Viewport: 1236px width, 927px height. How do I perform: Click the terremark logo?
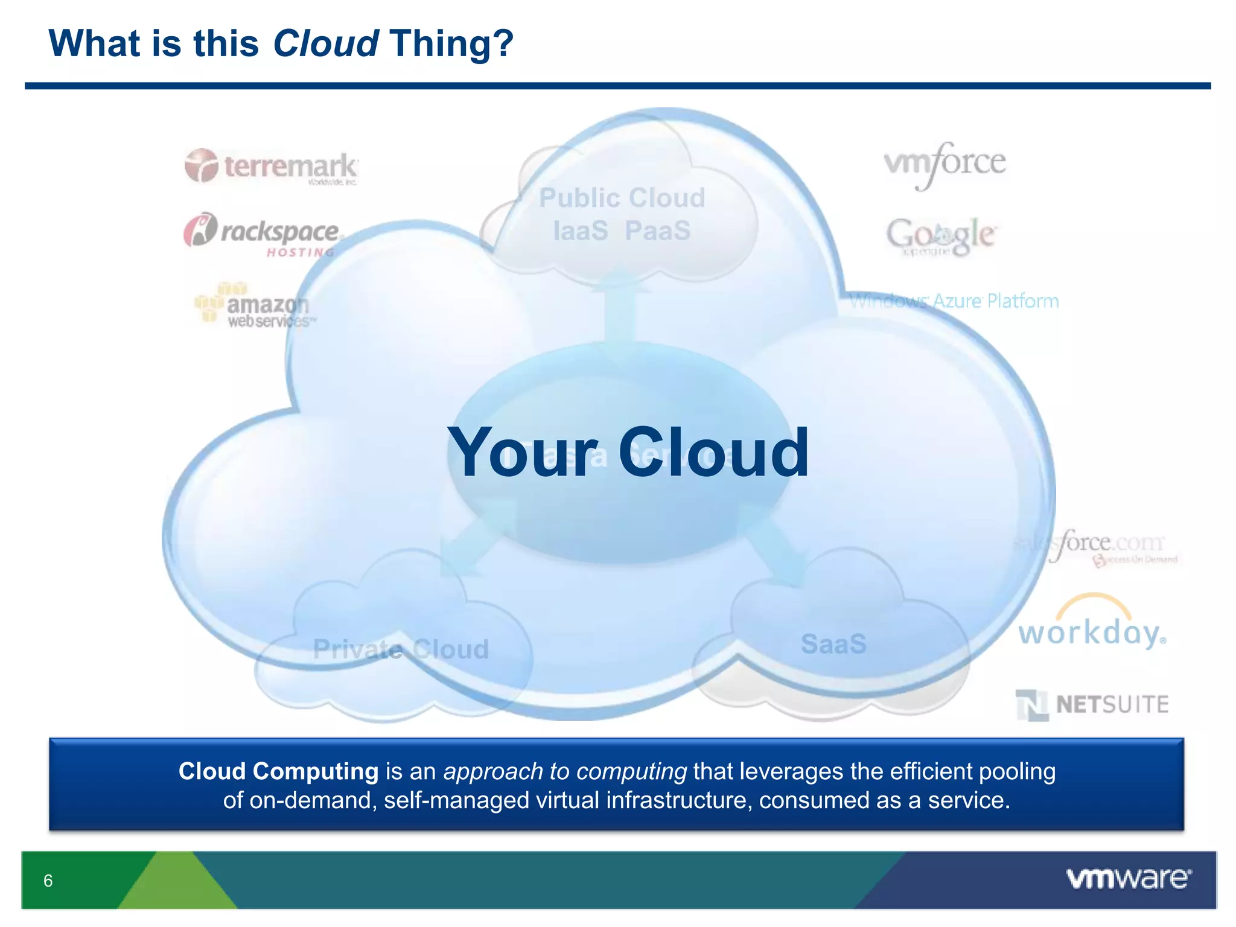click(272, 166)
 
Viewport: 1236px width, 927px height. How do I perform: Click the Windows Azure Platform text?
click(954, 301)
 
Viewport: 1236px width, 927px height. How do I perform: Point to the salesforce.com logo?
click(1095, 546)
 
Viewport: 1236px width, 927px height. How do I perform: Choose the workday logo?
click(1092, 628)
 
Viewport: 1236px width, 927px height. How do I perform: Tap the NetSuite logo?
click(1092, 704)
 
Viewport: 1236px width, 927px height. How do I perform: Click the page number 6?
click(48, 881)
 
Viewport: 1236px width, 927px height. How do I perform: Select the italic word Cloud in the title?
click(326, 43)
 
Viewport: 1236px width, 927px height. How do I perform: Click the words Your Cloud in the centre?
click(628, 453)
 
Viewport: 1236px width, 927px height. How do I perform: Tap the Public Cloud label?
click(622, 198)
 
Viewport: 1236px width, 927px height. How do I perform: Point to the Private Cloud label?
click(401, 649)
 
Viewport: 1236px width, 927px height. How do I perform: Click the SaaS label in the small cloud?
click(833, 644)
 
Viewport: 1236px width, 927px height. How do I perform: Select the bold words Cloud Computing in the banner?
click(278, 771)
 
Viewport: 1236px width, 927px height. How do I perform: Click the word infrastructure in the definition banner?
click(678, 800)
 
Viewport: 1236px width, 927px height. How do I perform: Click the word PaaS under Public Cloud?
click(657, 231)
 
